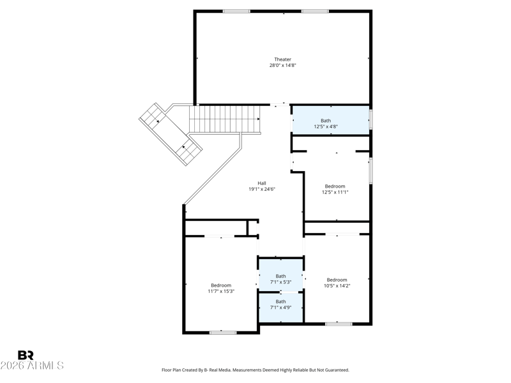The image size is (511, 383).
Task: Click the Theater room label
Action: click(282, 59)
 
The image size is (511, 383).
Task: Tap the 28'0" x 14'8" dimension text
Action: click(282, 65)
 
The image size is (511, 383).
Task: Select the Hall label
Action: click(262, 183)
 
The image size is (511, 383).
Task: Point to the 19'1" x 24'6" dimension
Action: click(262, 189)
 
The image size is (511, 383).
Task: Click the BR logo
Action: click(26, 355)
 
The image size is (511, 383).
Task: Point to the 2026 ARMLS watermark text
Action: click(32, 365)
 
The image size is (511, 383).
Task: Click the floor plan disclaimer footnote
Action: click(256, 370)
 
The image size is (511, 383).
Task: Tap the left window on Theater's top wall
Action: click(236, 11)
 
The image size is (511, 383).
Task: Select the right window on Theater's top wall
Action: click(315, 11)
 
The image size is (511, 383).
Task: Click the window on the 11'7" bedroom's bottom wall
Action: click(223, 333)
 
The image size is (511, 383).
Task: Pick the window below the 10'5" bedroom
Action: click(339, 324)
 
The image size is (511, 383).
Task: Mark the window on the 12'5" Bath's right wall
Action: click(371, 119)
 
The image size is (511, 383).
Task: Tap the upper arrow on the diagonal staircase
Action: click(157, 121)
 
